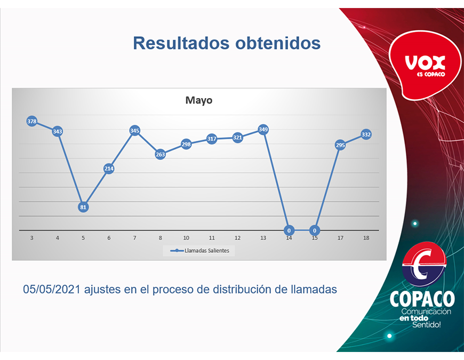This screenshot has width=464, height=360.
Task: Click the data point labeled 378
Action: coord(31,122)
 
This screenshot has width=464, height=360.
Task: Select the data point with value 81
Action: coord(83,207)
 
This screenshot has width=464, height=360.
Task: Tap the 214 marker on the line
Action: coord(109,169)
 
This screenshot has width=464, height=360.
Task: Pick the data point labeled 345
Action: coord(134,131)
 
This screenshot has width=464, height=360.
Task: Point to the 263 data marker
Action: coord(160,154)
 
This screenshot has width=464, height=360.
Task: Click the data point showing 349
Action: coord(263,130)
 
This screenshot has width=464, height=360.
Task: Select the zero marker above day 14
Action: coord(289,230)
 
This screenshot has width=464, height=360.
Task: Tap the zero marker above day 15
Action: coord(315,230)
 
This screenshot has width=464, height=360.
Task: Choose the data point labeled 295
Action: coord(340,145)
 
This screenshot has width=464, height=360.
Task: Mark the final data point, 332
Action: coord(366,134)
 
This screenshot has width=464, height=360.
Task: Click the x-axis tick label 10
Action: coord(186,238)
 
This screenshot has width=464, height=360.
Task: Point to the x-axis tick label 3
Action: coord(31,238)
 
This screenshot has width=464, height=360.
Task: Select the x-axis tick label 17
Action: coord(340,238)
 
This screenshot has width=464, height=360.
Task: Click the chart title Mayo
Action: coord(198,100)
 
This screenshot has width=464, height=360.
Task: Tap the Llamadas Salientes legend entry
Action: coord(199,251)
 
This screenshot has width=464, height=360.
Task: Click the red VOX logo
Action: coord(425,65)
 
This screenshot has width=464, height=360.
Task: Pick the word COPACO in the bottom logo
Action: coord(422,299)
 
